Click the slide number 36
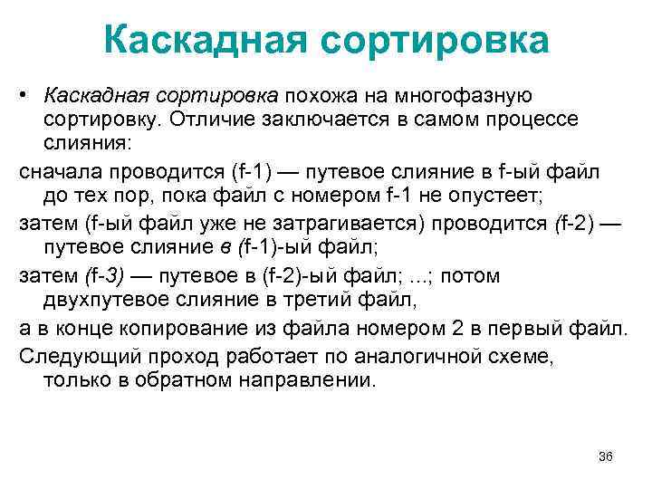tap(607, 456)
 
